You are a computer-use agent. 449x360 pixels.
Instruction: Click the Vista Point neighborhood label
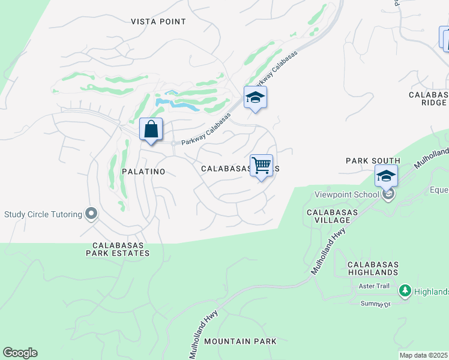point(158,22)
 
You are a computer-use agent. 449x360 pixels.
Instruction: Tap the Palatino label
point(143,172)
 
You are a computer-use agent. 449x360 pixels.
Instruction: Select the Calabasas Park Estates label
point(121,249)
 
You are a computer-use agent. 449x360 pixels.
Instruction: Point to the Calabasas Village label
point(332,216)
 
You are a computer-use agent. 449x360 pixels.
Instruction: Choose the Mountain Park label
point(240,341)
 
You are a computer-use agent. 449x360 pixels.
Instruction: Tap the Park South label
point(373,161)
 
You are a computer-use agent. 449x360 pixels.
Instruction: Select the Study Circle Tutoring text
point(43,214)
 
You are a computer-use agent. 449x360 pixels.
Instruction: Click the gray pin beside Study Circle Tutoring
point(91,214)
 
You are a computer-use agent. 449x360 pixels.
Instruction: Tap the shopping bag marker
point(151,130)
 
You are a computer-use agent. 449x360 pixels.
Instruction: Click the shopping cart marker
point(261,166)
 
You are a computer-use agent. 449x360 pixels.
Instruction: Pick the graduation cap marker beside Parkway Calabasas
point(255,98)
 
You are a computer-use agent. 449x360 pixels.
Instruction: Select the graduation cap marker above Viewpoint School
point(386,176)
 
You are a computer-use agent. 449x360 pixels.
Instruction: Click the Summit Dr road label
point(375,304)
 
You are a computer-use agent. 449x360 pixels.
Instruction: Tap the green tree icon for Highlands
point(405,291)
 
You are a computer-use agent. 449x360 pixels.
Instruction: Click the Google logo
point(20,353)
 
